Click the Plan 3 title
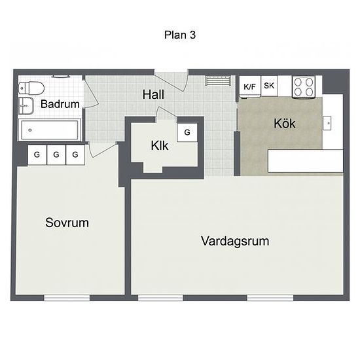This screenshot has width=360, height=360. point(180,35)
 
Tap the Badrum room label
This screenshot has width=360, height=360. point(60,104)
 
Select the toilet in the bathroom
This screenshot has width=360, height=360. point(31,88)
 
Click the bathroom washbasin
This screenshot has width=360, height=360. point(26,105)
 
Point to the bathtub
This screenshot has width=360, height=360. point(50,130)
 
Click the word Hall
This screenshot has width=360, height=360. point(153,94)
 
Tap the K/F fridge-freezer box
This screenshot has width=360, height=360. point(250,86)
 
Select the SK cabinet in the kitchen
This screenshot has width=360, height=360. point(269,86)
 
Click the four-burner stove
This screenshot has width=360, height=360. point(304,87)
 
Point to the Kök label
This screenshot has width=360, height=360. point(285,124)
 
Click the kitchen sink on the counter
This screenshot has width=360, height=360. point(327,123)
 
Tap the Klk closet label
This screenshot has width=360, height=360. point(160,145)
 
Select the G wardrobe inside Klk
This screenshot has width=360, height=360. point(187,132)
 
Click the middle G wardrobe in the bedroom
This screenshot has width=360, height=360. point(56,154)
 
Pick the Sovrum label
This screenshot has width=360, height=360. point(67,223)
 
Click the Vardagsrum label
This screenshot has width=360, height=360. point(235,241)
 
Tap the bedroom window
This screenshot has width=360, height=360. point(67,298)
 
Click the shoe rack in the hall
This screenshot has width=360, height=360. point(218,81)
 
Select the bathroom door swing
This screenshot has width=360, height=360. point(90,93)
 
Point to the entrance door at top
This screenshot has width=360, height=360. point(171,81)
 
